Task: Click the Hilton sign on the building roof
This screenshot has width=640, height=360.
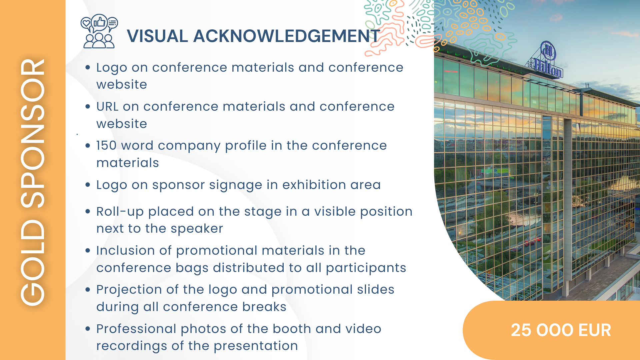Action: tap(547, 60)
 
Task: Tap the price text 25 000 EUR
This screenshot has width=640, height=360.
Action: tap(561, 330)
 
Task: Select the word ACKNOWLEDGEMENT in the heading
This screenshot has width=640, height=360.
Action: tap(287, 36)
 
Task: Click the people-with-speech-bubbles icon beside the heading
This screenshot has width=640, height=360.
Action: tap(99, 31)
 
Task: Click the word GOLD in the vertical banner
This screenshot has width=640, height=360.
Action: tap(32, 262)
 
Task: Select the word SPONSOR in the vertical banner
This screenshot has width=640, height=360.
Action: tap(32, 133)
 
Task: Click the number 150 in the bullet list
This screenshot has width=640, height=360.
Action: tap(106, 145)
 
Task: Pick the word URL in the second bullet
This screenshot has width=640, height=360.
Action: tap(107, 106)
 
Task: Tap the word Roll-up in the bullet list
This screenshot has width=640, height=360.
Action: tap(120, 212)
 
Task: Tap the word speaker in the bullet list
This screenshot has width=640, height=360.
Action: tap(197, 229)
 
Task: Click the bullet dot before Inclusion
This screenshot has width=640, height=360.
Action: tap(88, 250)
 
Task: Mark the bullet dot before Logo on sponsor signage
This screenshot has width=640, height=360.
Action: tap(88, 185)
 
